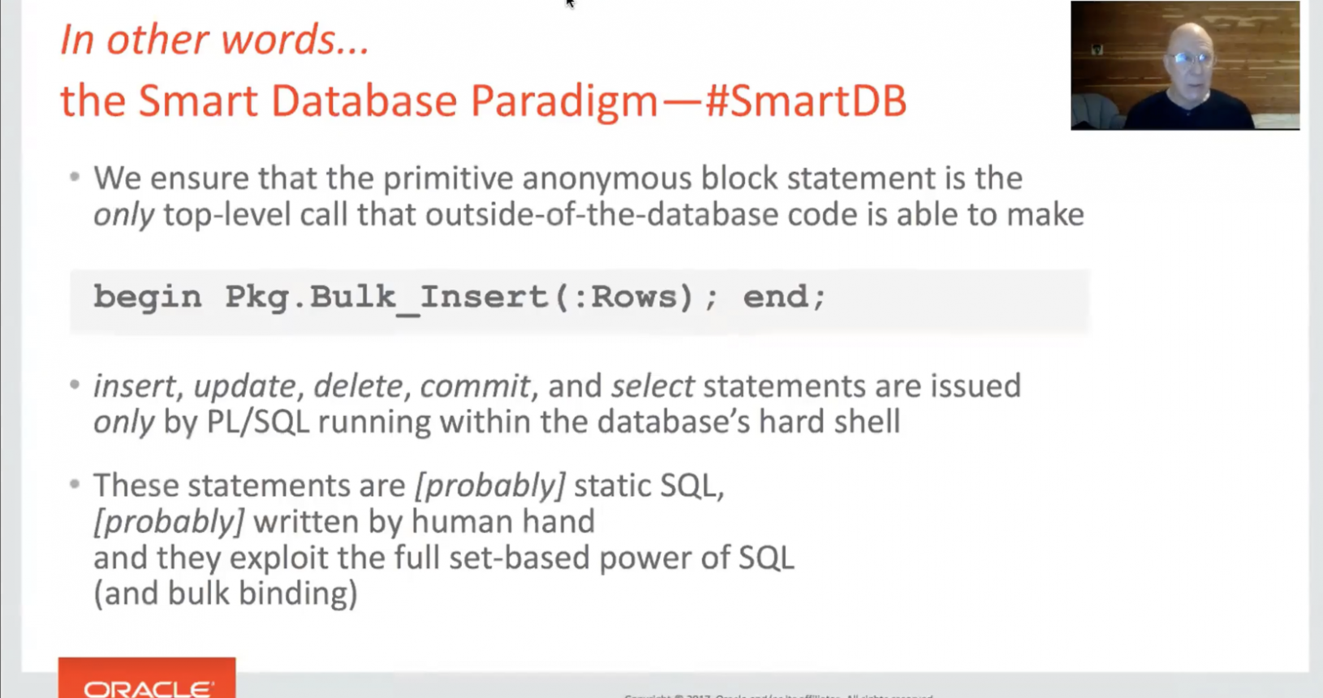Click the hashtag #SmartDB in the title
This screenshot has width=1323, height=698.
pyautogui.click(x=805, y=101)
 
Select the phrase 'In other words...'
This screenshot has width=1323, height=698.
pyautogui.click(x=214, y=40)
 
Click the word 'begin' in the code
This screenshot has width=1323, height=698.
pyautogui.click(x=147, y=297)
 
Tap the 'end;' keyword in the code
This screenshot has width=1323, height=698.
pyautogui.click(x=784, y=297)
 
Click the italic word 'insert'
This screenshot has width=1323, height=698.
pyautogui.click(x=134, y=386)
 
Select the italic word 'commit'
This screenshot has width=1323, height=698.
pyautogui.click(x=474, y=386)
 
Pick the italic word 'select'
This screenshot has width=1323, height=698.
pyautogui.click(x=652, y=386)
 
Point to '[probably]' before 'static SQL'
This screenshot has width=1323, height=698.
pyautogui.click(x=489, y=485)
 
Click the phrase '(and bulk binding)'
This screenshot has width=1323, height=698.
pyautogui.click(x=225, y=593)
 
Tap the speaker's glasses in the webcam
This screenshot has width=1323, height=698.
pyautogui.click(x=1191, y=58)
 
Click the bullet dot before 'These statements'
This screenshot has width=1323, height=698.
pyautogui.click(x=75, y=485)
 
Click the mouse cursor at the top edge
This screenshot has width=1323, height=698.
pyautogui.click(x=569, y=3)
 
